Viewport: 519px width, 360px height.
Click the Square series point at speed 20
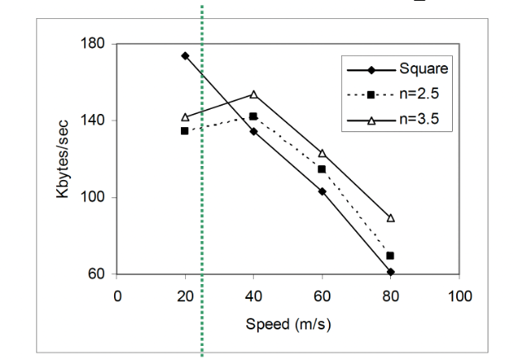[185, 56]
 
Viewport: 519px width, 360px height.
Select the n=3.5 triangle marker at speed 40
[254, 94]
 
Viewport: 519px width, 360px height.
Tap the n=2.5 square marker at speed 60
[321, 169]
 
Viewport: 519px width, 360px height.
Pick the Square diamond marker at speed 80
[390, 272]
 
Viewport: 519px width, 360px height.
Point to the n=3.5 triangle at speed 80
[390, 218]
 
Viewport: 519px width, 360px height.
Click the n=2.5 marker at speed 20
[185, 131]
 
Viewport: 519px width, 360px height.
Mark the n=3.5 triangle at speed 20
[185, 117]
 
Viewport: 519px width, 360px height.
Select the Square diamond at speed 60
[321, 192]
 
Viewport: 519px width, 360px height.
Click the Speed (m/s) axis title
[288, 323]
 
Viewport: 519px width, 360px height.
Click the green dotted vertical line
[202, 206]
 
